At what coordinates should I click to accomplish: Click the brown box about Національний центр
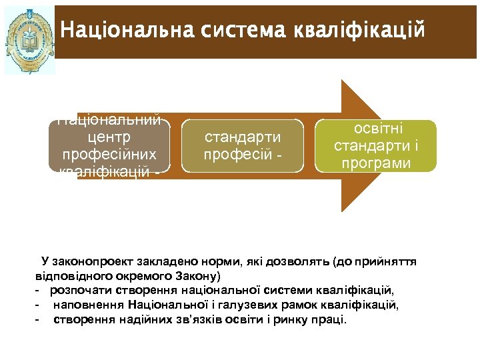tap(108, 146)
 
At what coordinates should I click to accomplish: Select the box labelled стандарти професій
tap(242, 146)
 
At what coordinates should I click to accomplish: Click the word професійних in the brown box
tap(109, 155)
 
